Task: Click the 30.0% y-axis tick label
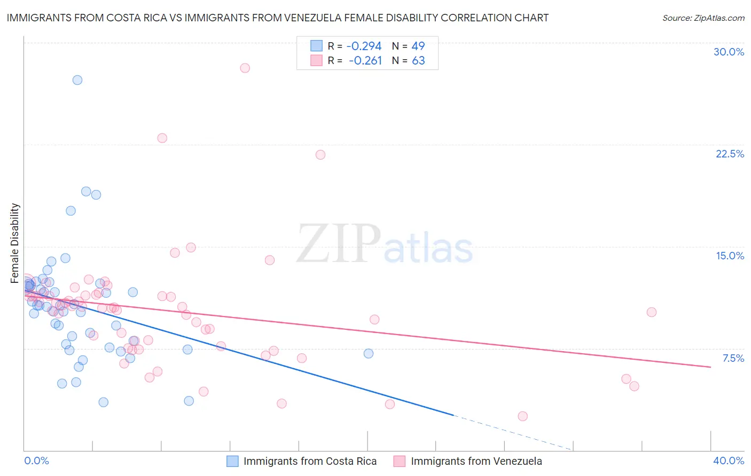point(729,52)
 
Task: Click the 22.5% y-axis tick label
point(730,154)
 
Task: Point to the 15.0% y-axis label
point(730,256)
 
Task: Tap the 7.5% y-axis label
point(733,358)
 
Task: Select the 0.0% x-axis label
point(36,461)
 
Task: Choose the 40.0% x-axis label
point(729,461)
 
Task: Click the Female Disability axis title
point(15,243)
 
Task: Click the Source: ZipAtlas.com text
point(703,18)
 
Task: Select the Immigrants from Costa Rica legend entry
point(310,461)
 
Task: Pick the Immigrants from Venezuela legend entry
point(476,461)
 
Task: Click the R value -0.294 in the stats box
point(364,46)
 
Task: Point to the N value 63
point(418,61)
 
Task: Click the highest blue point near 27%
point(77,80)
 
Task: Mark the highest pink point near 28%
point(245,68)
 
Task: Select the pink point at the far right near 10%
point(652,312)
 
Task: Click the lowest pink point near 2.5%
point(523,416)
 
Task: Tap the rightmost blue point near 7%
point(369,353)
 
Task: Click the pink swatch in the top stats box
point(316,60)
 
